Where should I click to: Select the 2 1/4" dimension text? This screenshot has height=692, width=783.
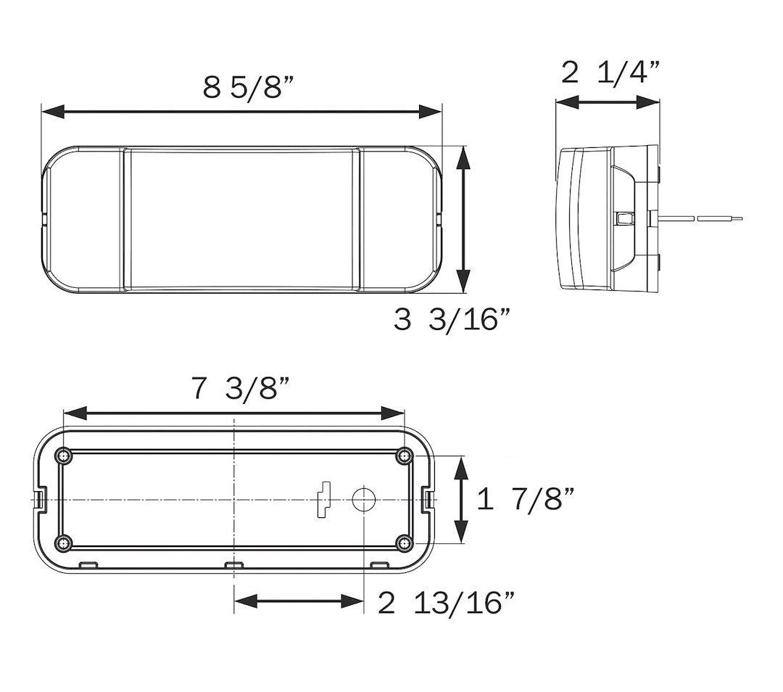611,73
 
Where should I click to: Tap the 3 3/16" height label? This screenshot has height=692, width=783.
447,319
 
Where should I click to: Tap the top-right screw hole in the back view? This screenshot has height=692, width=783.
404,456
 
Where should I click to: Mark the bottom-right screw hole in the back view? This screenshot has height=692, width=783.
404,542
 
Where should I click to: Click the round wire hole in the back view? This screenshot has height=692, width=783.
363,499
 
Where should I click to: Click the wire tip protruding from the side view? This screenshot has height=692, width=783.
725,217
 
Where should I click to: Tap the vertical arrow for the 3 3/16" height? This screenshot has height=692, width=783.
462,218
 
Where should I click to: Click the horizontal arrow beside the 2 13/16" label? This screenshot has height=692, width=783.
298,601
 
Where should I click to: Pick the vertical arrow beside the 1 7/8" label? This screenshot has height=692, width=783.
461,500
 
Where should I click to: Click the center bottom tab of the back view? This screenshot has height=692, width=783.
233,565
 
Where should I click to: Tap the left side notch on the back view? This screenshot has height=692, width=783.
41,499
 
